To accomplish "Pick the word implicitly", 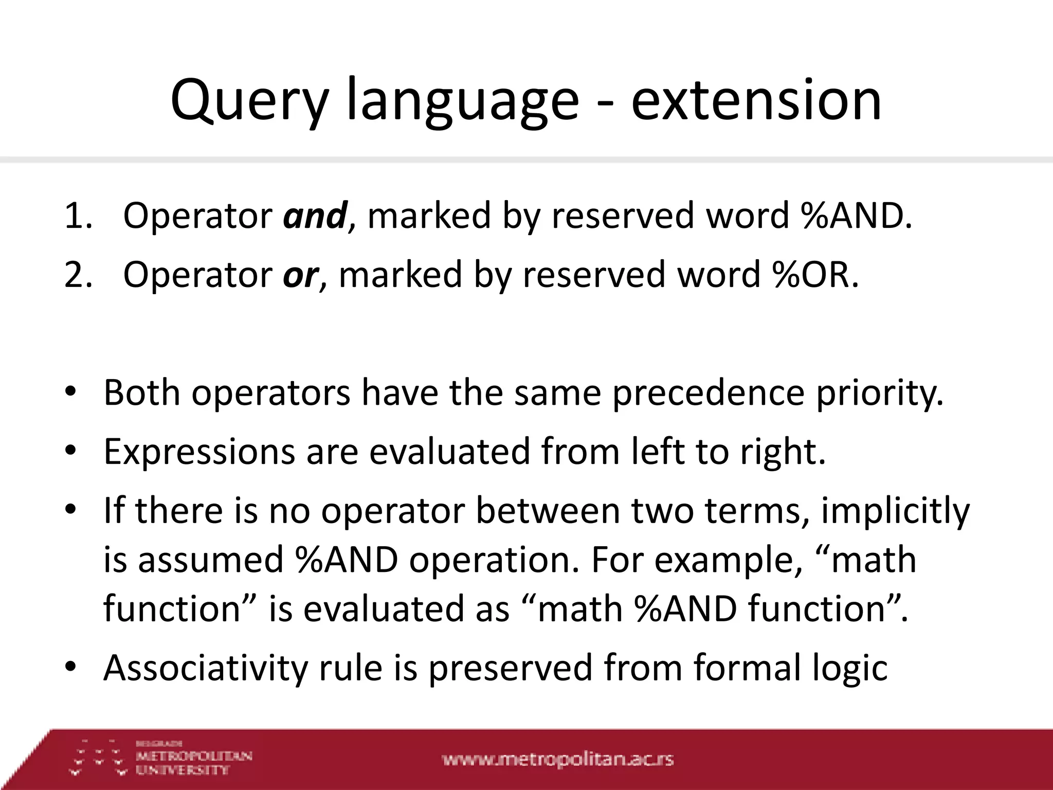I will [x=895, y=511].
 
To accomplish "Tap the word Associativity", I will [x=206, y=668].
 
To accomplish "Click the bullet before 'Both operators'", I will [x=70, y=393].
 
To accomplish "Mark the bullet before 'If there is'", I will [x=70, y=510].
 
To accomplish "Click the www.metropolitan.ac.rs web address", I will [x=557, y=759].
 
